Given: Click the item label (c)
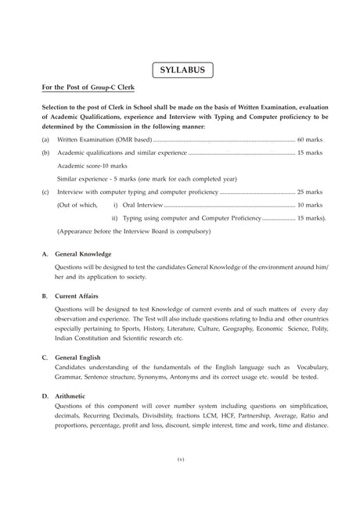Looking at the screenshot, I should (x=46, y=192).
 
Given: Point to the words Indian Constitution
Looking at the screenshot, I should (x=85, y=340).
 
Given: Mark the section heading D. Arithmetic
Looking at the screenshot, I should (x=70, y=399).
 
